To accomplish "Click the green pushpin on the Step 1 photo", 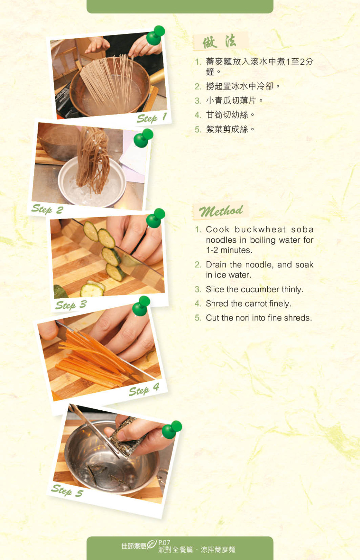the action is pos(155,35).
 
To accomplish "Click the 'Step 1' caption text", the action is pos(152,118).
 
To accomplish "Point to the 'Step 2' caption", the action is pos(47,209).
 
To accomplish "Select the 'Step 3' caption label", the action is pos(71,305).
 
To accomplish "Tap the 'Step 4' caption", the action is pos(144,390).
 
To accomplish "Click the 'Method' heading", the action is pos(221,211).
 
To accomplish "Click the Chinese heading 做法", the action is pos(219,41).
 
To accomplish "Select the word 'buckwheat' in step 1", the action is pos(260,229).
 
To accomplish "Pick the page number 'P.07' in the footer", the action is pos(164,542).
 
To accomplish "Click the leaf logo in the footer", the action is pos(152,544).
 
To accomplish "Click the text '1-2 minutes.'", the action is pos(229,250).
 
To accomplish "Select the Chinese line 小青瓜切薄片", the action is pos(231,100).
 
